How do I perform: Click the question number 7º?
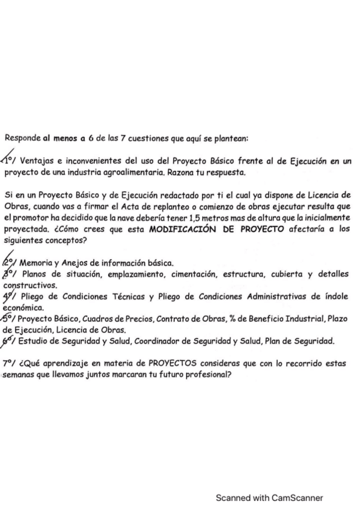tap(9, 364)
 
